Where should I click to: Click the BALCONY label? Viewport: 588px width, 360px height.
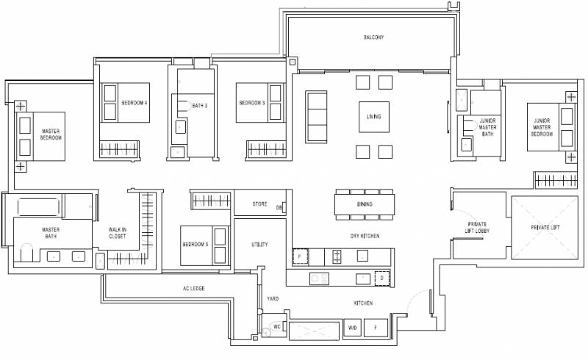373,37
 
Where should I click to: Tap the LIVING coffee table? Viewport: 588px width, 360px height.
374,117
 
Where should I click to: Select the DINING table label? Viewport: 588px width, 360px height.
365,204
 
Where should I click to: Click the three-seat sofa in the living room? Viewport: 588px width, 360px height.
317,117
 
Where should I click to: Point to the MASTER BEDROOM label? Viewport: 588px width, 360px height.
51,134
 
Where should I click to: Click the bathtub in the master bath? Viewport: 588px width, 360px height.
38,207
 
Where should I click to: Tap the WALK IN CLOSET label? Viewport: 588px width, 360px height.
118,233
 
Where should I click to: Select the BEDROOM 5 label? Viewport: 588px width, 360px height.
196,244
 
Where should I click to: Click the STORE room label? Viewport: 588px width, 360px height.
259,204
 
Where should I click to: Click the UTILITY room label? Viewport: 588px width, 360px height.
259,245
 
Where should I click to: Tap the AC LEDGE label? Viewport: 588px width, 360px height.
194,289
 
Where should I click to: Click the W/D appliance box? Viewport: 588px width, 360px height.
353,328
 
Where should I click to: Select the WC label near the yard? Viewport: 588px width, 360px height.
277,327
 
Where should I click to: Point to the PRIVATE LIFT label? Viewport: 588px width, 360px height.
545,228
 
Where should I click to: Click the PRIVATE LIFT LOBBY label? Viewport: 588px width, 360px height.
477,227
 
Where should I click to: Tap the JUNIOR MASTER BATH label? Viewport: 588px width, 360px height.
487,127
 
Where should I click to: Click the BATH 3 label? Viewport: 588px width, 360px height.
199,106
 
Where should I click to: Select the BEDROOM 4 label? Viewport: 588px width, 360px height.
135,103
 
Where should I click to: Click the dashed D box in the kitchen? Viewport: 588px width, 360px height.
382,278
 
